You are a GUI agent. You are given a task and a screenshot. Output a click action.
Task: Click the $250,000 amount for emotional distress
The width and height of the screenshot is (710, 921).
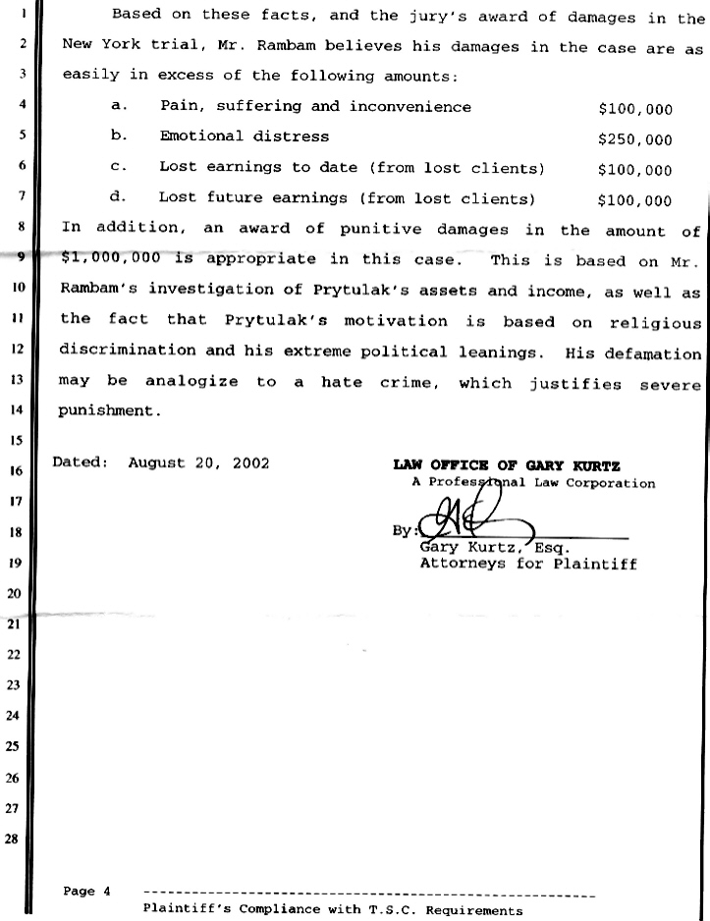click(x=634, y=139)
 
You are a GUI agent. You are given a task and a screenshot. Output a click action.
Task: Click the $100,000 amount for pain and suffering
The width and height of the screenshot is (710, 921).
click(x=634, y=109)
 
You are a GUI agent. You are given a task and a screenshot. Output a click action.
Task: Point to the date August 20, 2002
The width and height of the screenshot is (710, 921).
click(x=198, y=461)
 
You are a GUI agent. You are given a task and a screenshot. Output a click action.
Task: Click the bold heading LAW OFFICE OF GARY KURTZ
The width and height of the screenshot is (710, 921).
click(x=506, y=465)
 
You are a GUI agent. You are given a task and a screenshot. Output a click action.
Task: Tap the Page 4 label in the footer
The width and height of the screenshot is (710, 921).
click(x=86, y=892)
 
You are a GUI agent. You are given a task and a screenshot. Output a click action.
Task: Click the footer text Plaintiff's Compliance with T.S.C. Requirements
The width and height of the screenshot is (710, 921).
click(x=332, y=910)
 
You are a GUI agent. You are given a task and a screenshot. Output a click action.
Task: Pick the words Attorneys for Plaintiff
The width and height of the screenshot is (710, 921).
click(x=528, y=564)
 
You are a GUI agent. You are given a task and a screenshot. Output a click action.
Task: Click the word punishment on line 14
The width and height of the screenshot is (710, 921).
click(x=109, y=411)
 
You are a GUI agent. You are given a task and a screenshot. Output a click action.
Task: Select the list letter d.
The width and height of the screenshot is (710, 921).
click(x=116, y=197)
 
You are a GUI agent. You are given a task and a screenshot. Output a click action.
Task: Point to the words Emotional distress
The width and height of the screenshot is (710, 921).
click(x=245, y=136)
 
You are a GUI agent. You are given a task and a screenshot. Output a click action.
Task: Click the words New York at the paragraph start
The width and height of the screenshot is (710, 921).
click(x=95, y=45)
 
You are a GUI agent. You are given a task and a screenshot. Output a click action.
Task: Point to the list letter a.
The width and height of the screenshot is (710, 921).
click(x=116, y=106)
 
